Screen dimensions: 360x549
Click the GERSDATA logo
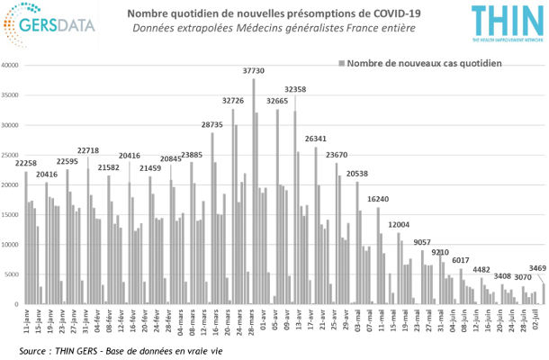[49, 24]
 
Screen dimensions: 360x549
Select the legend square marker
[341, 64]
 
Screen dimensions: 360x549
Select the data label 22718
[87, 150]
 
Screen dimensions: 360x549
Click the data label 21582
[108, 167]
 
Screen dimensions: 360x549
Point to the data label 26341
[315, 139]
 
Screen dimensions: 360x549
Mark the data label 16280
[378, 199]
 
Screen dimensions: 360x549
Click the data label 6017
[461, 260]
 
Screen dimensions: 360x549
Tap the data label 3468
[537, 268]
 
